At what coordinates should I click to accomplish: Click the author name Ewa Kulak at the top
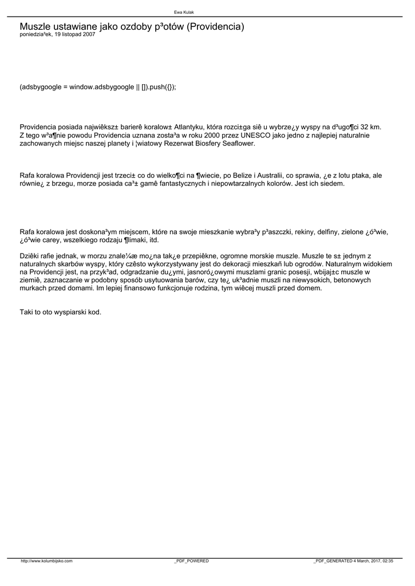pos(184,12)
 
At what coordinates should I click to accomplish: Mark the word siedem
pos(331,184)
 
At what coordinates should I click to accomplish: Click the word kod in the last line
pos(95,312)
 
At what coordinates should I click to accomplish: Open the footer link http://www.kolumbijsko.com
pos(46,561)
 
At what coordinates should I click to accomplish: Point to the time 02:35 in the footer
pos(388,561)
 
